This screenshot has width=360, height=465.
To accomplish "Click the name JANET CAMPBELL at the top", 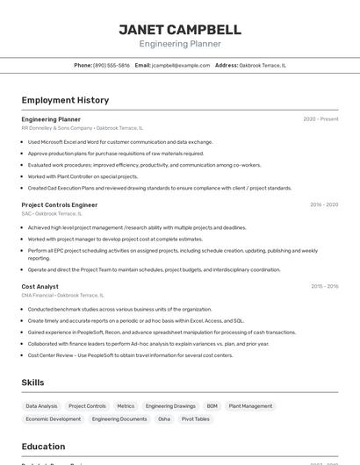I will (x=180, y=29).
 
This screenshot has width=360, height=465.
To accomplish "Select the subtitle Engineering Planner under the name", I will (x=180, y=44).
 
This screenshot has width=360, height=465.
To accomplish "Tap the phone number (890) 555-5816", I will (x=112, y=65).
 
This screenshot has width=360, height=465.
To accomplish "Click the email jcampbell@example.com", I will (x=181, y=65).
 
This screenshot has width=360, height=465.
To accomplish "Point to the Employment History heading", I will (x=65, y=100).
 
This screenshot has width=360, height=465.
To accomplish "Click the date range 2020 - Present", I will (x=320, y=119).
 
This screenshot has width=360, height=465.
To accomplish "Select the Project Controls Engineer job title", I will (x=60, y=204).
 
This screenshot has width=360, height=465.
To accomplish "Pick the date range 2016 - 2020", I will (x=323, y=204).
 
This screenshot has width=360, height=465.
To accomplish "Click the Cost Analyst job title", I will (x=40, y=286).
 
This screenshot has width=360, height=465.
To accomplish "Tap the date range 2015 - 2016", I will (x=323, y=286).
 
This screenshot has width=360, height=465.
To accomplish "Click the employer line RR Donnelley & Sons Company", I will (x=56, y=127).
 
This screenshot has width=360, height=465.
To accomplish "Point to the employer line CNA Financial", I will (x=38, y=295).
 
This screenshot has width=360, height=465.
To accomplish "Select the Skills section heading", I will (x=33, y=383).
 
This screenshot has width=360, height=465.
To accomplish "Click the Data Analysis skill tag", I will (x=41, y=406).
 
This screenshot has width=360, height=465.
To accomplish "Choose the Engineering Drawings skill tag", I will (x=170, y=406).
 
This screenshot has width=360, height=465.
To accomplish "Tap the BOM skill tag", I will (x=212, y=406).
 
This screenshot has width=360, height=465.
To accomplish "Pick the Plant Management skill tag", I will (x=250, y=406).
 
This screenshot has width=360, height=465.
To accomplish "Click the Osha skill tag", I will (x=164, y=419).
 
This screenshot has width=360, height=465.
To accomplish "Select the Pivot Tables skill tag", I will (x=196, y=419).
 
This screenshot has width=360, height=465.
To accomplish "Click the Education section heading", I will (x=43, y=447).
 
